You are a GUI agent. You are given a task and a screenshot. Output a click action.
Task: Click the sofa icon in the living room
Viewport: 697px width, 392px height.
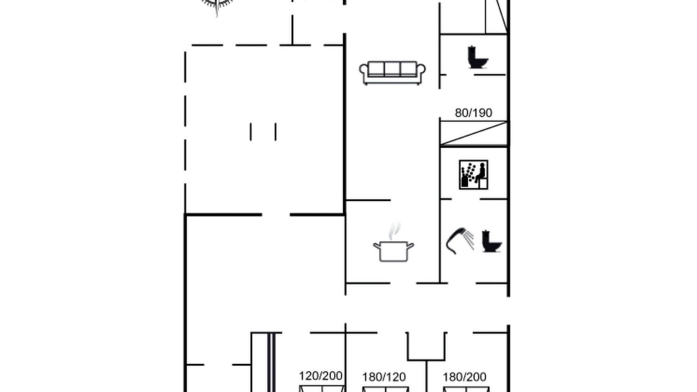[393, 73]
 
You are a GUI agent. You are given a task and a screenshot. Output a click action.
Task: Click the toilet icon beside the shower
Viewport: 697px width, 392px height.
[492, 241]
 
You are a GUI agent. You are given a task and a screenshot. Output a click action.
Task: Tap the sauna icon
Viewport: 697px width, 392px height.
[474, 175]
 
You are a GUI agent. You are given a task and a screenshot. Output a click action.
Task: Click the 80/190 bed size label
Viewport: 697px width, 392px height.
[474, 113]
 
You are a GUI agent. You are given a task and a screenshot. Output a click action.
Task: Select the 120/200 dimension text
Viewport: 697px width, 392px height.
[321, 376]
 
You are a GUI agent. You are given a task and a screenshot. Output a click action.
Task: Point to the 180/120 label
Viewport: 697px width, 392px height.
[384, 377]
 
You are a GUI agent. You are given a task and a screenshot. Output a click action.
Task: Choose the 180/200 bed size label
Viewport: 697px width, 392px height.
[464, 377]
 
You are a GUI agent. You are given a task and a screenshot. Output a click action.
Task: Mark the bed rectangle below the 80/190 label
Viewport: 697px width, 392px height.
[474, 133]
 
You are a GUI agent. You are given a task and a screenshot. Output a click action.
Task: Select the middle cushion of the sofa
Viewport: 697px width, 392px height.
[393, 69]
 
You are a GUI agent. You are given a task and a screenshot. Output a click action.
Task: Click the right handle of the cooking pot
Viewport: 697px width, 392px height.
[411, 246]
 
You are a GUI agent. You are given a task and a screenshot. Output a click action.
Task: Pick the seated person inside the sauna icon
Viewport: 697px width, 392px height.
[481, 173]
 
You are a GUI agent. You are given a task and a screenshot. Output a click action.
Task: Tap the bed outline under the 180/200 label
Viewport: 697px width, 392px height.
[466, 389]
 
